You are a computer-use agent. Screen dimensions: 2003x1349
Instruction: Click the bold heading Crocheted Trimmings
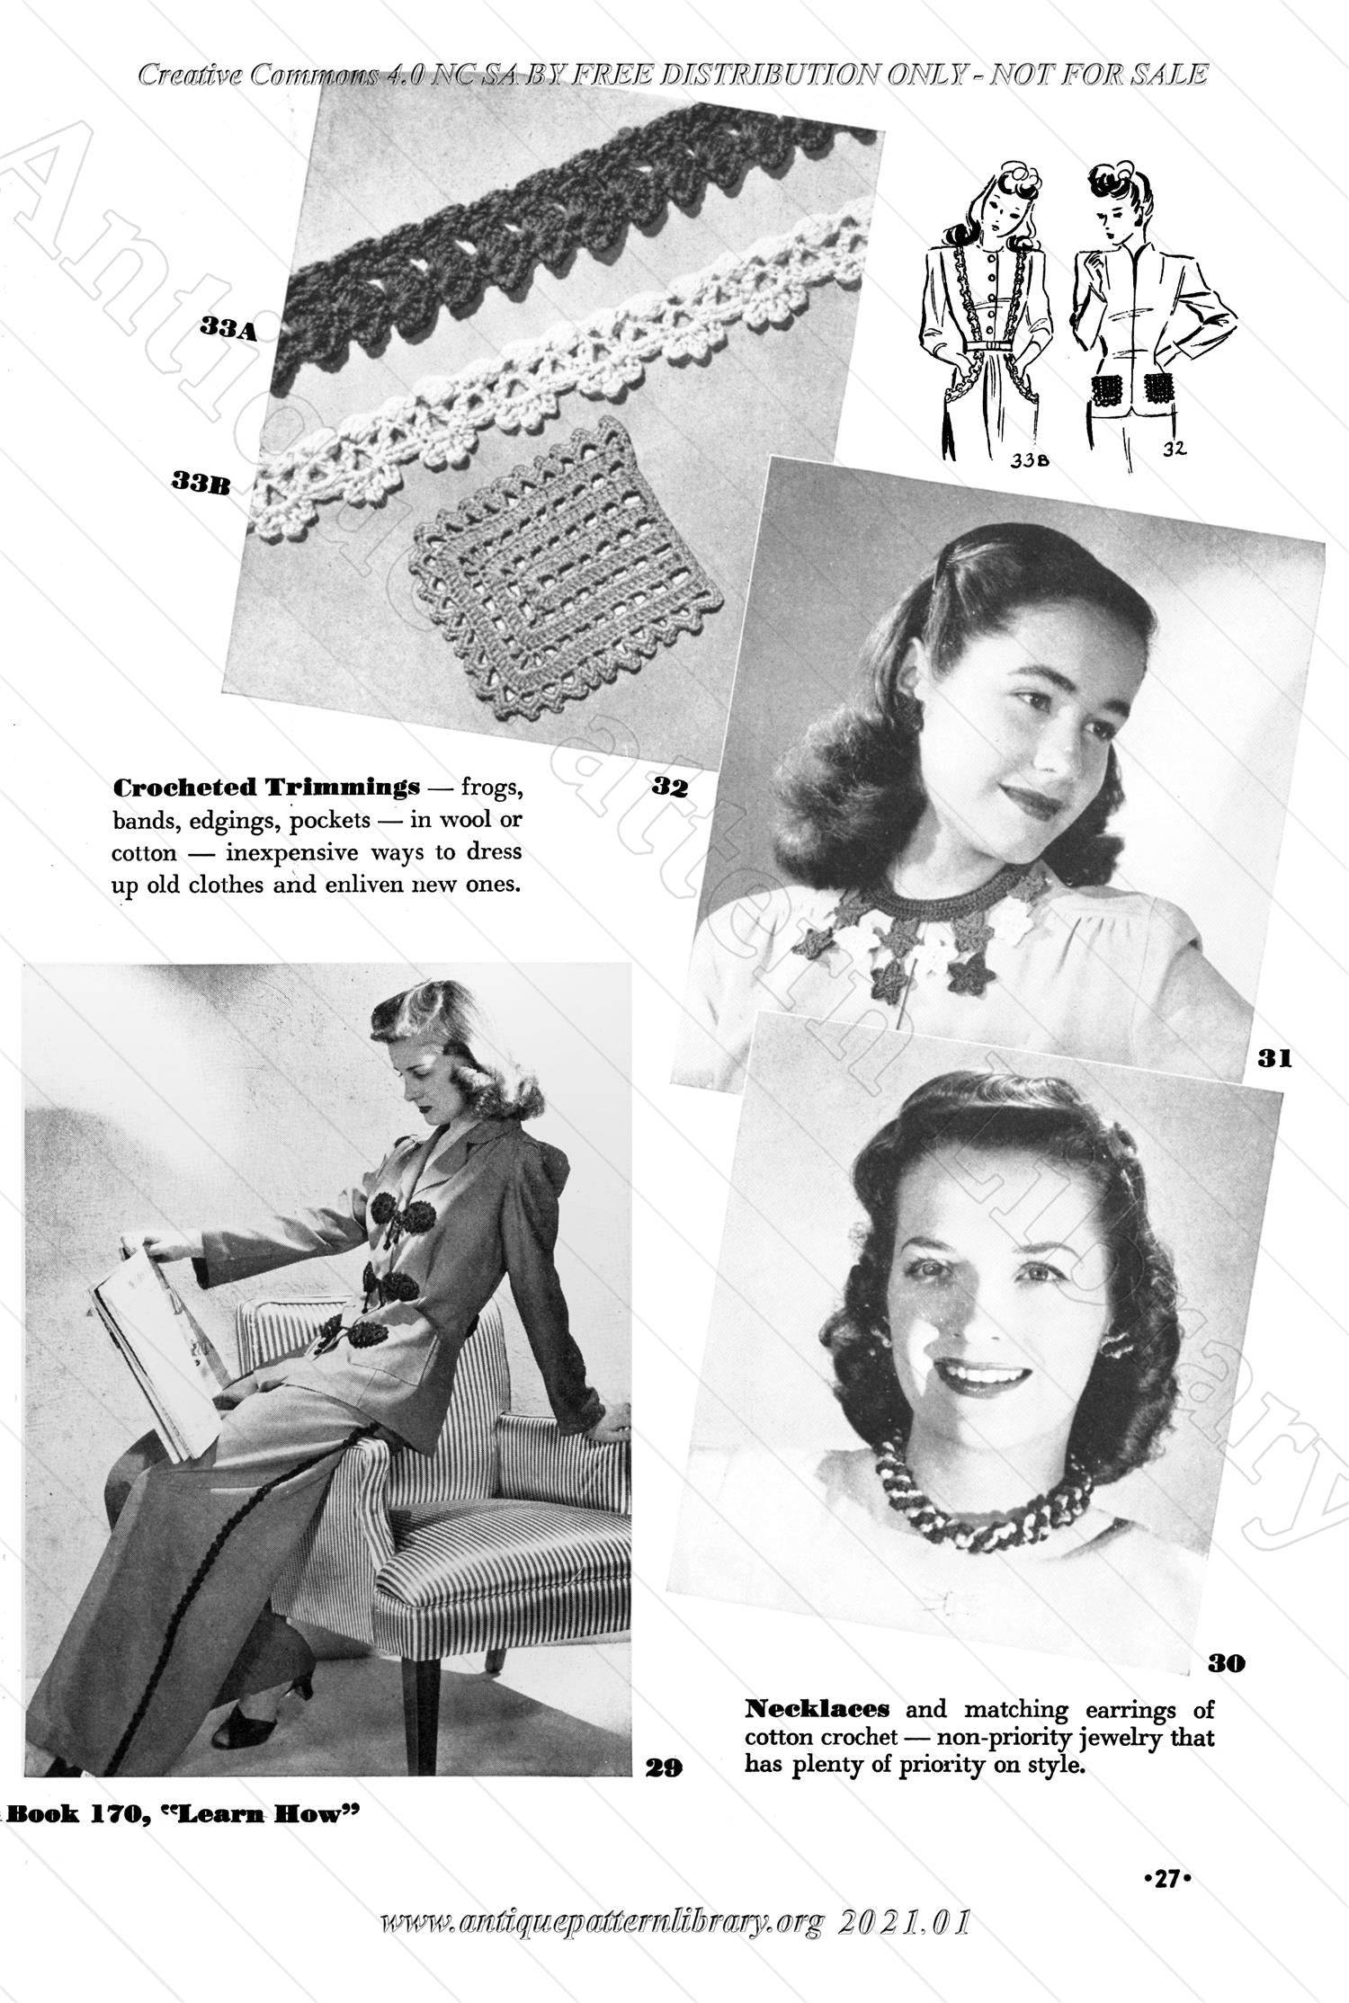pyautogui.click(x=266, y=788)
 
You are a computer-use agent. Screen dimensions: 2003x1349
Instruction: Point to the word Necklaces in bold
pyautogui.click(x=817, y=1707)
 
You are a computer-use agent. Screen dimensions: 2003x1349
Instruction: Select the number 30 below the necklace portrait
pyautogui.click(x=1226, y=1662)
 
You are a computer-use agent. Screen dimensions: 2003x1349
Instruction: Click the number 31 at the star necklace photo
pyautogui.click(x=1273, y=1059)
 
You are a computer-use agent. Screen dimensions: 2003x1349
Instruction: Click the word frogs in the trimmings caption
pyautogui.click(x=492, y=788)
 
